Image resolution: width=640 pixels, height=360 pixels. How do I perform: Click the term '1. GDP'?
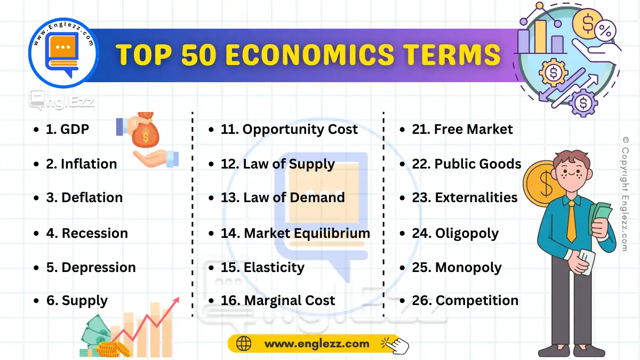pos(67,130)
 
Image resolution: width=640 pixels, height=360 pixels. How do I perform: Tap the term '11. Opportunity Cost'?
pos(289,130)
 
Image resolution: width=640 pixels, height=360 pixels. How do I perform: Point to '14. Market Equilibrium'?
pos(295,233)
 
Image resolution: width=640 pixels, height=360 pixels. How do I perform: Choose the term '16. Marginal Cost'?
pos(278,301)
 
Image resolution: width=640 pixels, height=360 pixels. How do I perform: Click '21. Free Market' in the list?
pos(462,130)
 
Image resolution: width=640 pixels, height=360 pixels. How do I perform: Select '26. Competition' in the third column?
pos(465,301)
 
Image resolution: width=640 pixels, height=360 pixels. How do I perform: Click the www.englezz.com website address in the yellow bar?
pos(316,344)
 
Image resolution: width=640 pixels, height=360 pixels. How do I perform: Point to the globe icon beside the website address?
pos(243,344)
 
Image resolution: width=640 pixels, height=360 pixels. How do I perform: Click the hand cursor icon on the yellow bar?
pos(398,345)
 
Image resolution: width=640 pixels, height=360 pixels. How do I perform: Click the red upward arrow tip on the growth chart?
pos(176,301)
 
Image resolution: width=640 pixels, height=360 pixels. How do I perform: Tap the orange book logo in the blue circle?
pos(63,52)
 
